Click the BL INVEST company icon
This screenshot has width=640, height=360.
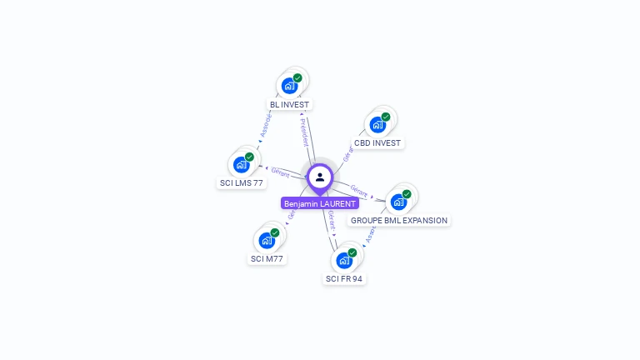(x=289, y=85)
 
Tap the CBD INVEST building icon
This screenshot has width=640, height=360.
(x=377, y=125)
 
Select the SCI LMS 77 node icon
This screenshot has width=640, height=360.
(x=241, y=164)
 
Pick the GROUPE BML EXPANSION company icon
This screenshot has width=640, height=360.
(x=398, y=201)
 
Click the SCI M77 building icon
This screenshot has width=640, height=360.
(x=267, y=240)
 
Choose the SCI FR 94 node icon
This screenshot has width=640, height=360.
(x=344, y=260)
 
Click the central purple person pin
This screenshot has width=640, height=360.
(x=320, y=177)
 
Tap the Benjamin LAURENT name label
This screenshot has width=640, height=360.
(x=320, y=203)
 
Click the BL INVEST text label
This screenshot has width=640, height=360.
(x=289, y=105)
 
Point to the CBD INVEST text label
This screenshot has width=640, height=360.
(x=377, y=143)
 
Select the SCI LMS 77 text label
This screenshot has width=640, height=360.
(x=242, y=183)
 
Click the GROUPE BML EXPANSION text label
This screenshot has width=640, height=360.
(x=399, y=221)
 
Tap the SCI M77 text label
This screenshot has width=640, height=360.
(x=267, y=259)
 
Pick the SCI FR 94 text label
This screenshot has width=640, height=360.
(x=344, y=279)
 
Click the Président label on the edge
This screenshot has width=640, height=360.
(x=304, y=131)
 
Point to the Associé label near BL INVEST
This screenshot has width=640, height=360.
(x=265, y=126)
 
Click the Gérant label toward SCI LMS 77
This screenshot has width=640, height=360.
(x=280, y=172)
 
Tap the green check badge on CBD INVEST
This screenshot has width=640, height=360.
(x=386, y=117)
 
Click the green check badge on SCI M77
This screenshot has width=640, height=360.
(x=275, y=232)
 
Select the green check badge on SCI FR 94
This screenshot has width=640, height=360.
(x=352, y=252)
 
